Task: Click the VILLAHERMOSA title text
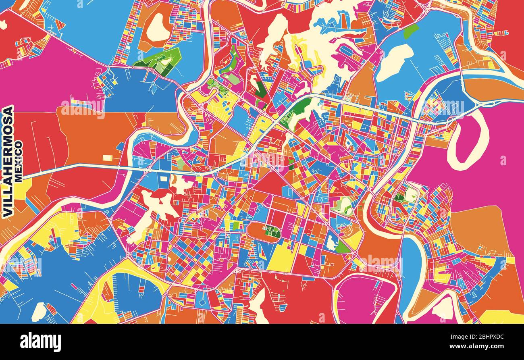pyautogui.click(x=8, y=161)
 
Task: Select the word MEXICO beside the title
pyautogui.click(x=19, y=161)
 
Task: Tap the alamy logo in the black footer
pyautogui.click(x=40, y=342)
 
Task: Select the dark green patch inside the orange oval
pyautogui.click(x=272, y=231)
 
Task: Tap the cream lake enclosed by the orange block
pyautogui.click(x=157, y=27)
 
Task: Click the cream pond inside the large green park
pyautogui.click(x=166, y=62)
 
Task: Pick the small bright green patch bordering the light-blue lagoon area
pyautogui.click(x=411, y=31)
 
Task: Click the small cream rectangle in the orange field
pyautogui.click(x=108, y=158)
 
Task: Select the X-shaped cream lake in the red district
pyautogui.click(x=159, y=204)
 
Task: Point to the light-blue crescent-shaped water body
pyautogui.click(x=411, y=266)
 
